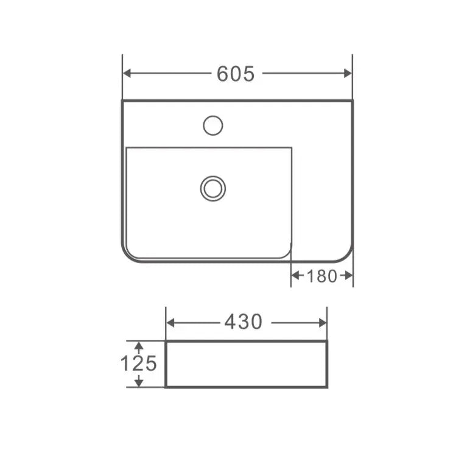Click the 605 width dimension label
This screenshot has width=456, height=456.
pyautogui.click(x=236, y=74)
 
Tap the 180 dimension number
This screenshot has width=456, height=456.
pyautogui.click(x=321, y=276)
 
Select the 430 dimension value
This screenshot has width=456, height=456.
pyautogui.click(x=243, y=321)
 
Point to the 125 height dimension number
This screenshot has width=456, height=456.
pyautogui.click(x=138, y=363)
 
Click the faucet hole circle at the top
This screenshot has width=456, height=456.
pyautogui.click(x=212, y=126)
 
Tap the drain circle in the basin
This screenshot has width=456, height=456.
pyautogui.click(x=212, y=188)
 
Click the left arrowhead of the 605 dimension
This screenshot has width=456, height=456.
pyautogui.click(x=127, y=73)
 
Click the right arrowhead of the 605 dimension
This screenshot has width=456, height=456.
pyautogui.click(x=348, y=73)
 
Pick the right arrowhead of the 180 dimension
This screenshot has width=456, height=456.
pyautogui.click(x=349, y=276)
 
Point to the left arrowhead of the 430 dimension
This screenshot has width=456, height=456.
pyautogui.click(x=170, y=322)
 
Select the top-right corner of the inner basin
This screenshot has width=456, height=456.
pyautogui.click(x=291, y=148)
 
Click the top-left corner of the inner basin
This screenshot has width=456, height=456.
pyautogui.click(x=127, y=148)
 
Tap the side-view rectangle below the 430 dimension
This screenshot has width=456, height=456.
pyautogui.click(x=246, y=364)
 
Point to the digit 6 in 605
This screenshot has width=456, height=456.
pyautogui.click(x=223, y=74)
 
